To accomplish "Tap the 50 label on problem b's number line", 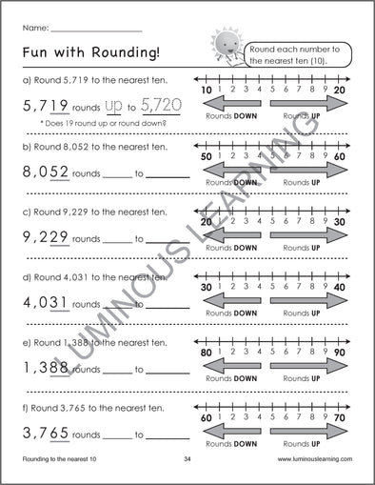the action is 207,154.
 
